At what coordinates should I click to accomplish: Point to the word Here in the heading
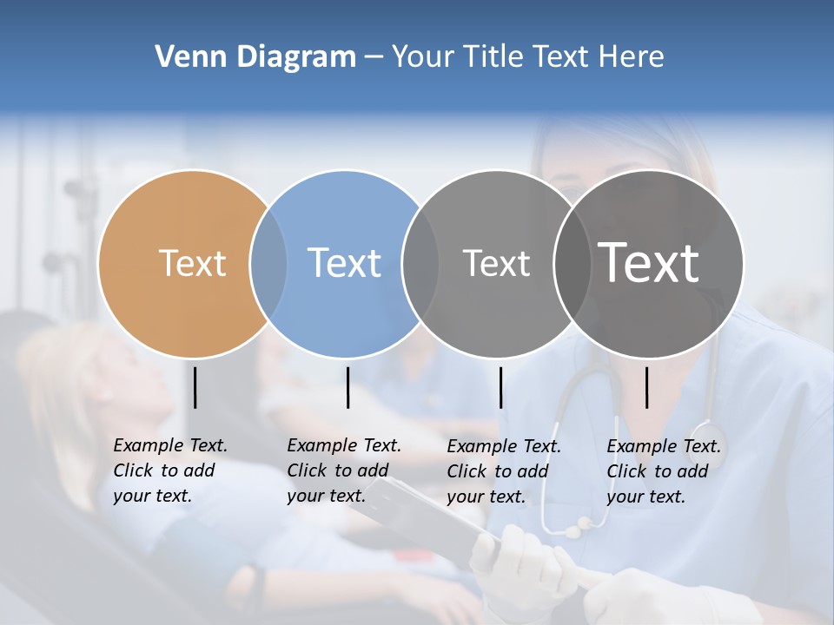click(632, 57)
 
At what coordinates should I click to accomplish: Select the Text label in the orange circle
click(192, 263)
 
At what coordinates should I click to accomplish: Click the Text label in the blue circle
click(344, 263)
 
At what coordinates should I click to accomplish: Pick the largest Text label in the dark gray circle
click(649, 262)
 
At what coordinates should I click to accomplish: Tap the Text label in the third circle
click(496, 263)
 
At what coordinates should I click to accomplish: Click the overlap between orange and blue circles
click(268, 264)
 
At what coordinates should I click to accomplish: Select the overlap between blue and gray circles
click(420, 264)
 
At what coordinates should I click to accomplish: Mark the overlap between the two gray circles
click(572, 264)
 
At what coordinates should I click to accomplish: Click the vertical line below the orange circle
click(195, 387)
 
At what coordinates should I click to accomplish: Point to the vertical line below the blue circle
click(347, 387)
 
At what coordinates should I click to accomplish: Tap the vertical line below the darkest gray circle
click(647, 387)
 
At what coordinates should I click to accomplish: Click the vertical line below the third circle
click(501, 387)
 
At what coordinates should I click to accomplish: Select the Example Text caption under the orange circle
click(170, 470)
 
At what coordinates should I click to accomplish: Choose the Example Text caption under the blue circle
click(344, 470)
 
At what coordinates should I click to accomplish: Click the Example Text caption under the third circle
click(504, 471)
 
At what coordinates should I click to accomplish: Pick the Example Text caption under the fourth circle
click(664, 471)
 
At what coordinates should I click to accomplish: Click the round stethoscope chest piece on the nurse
click(707, 435)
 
